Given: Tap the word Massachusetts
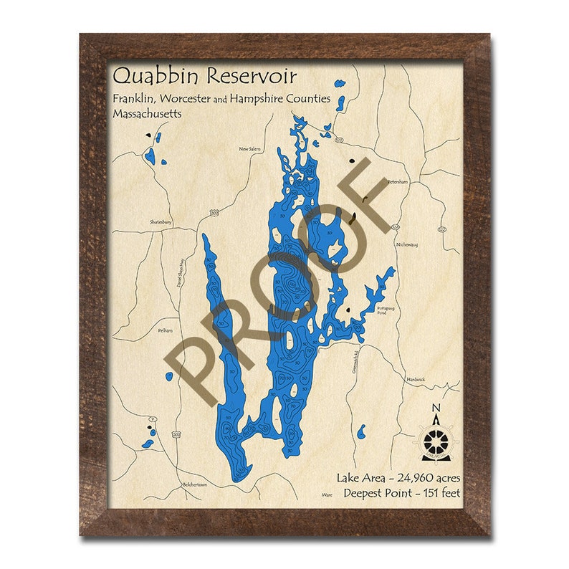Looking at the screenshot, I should pyautogui.click(x=146, y=114).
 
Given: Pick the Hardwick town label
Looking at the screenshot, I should pyautogui.click(x=416, y=378).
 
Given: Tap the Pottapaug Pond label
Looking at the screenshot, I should pyautogui.click(x=386, y=310).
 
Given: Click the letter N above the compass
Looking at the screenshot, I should pyautogui.click(x=436, y=409).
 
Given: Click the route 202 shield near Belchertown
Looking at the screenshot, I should pyautogui.click(x=176, y=434).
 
